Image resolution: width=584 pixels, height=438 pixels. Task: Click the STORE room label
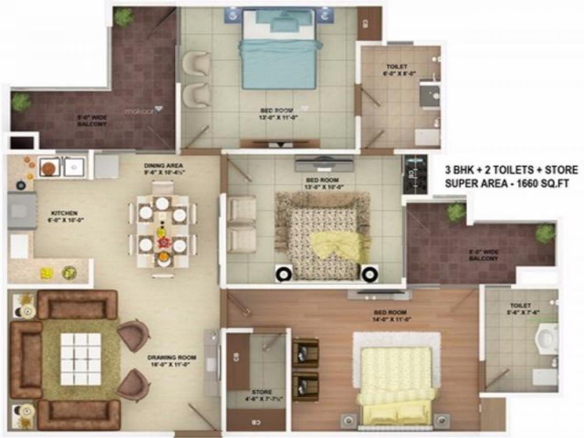click(x=262, y=395)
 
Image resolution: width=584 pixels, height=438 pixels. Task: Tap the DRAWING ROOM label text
click(x=168, y=360)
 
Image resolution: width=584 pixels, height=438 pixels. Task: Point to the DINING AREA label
click(x=163, y=169)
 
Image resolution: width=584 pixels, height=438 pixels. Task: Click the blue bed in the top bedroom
click(x=278, y=54)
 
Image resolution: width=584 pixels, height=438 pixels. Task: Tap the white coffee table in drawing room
click(x=80, y=359)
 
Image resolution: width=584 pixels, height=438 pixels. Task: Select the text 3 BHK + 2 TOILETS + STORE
click(x=511, y=170)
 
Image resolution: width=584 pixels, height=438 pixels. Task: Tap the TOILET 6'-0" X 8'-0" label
click(x=397, y=70)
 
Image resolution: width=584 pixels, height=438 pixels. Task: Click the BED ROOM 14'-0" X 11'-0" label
click(x=390, y=316)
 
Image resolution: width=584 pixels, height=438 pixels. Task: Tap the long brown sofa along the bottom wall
click(x=79, y=415)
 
